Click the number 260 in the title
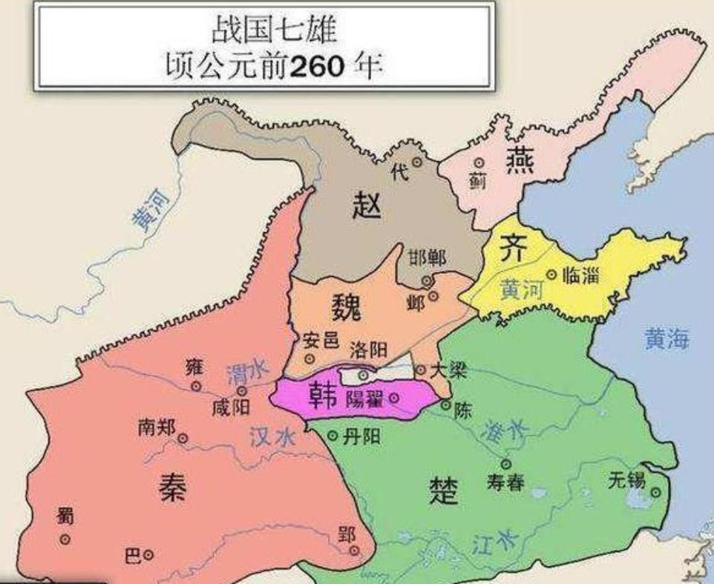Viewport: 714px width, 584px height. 318,67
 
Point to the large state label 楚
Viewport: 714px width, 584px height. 444,491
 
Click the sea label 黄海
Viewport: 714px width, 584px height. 666,340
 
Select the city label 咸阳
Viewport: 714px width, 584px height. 230,407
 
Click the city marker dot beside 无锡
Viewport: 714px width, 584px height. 656,491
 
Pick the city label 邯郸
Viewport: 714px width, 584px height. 427,259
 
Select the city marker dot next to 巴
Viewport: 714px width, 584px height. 149,554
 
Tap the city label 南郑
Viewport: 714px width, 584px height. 157,427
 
